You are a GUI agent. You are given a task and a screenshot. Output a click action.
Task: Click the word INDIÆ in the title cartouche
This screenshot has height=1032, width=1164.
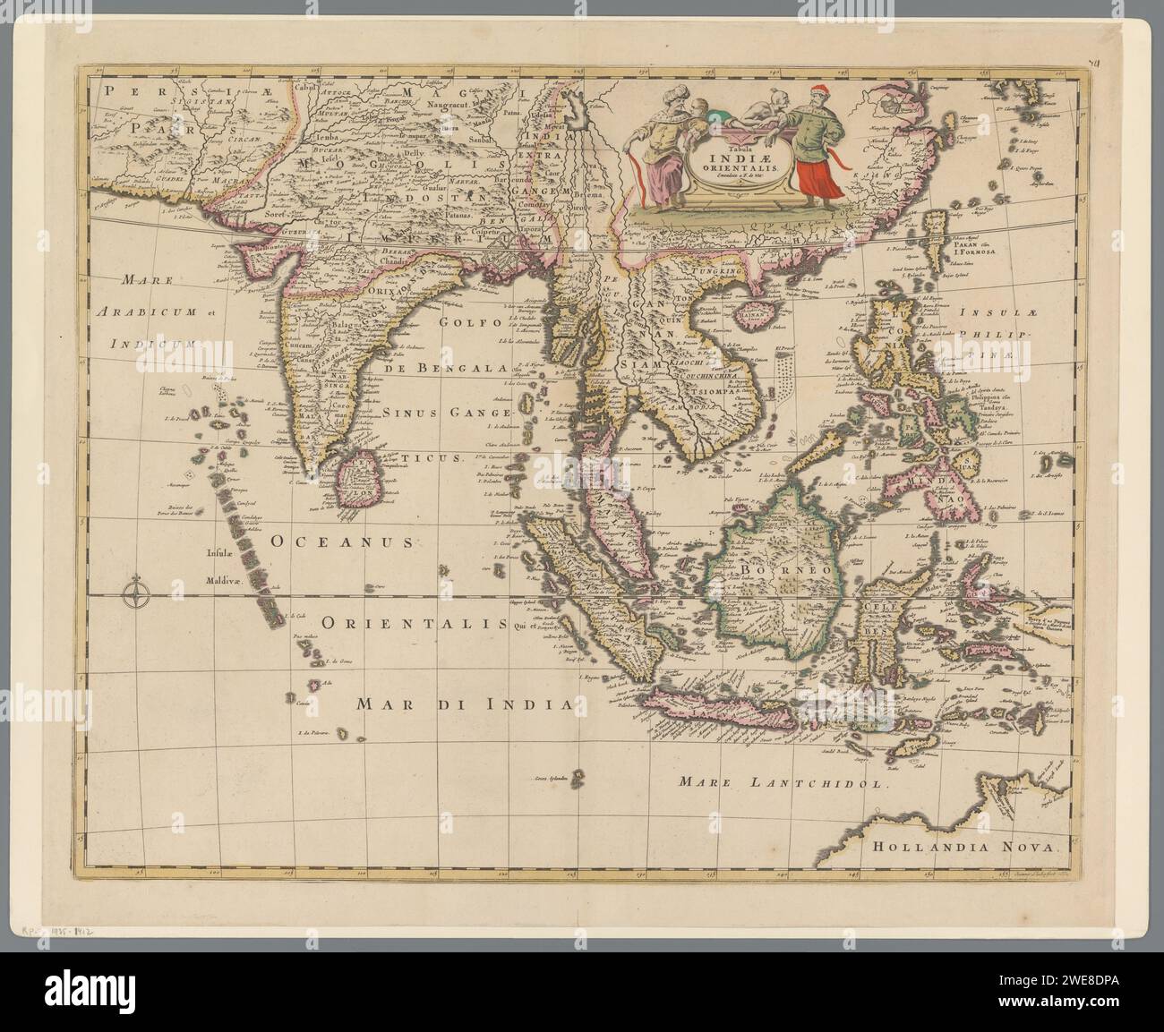click(715, 154)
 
